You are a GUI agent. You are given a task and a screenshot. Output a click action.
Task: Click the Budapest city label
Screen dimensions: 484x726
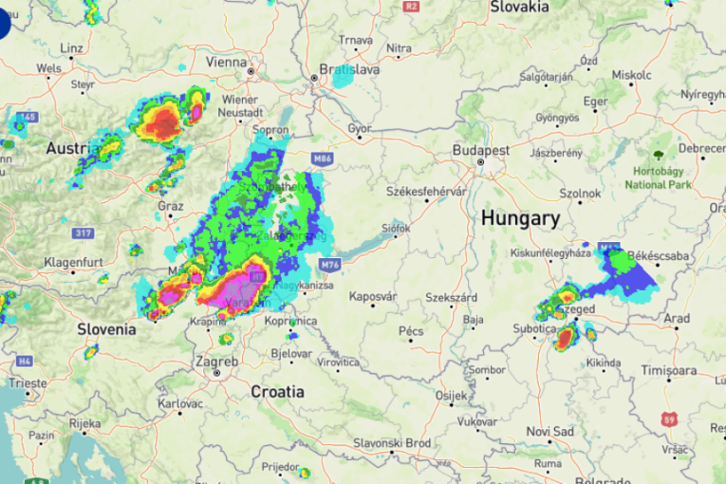point(481,151)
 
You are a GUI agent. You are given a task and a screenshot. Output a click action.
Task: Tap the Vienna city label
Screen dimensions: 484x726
point(226,62)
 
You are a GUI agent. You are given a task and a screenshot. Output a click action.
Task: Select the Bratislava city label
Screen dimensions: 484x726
point(349,69)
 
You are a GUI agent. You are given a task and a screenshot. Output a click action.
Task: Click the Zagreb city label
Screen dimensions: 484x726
point(216,361)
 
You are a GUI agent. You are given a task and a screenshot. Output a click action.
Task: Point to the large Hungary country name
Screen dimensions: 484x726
point(519,217)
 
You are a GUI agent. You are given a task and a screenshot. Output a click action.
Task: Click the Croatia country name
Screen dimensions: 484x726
point(277,391)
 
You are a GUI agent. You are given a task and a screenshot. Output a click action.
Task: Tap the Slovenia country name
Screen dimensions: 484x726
point(106,329)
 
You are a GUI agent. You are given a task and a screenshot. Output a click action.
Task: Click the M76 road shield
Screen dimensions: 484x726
point(329,264)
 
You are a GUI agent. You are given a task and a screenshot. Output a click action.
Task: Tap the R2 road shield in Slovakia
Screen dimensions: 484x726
point(410,6)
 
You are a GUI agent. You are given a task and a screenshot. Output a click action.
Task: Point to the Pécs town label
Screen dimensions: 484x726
point(411,331)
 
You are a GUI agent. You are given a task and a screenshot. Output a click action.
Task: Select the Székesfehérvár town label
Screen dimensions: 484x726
point(425,191)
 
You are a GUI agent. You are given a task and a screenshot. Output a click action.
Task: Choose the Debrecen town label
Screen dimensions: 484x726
point(700,149)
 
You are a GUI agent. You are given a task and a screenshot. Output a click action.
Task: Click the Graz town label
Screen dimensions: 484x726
point(171,206)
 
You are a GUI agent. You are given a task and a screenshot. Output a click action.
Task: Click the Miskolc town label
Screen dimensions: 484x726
point(631,74)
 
